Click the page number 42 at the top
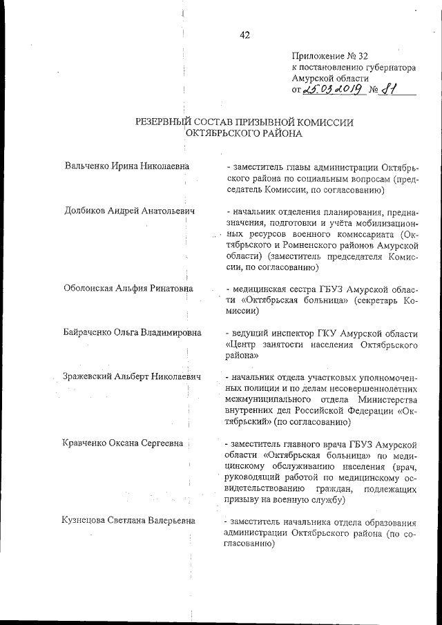point(244,37)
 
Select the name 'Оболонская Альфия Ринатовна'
point(128,288)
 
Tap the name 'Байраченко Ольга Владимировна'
point(133,332)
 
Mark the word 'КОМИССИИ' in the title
point(324,122)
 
